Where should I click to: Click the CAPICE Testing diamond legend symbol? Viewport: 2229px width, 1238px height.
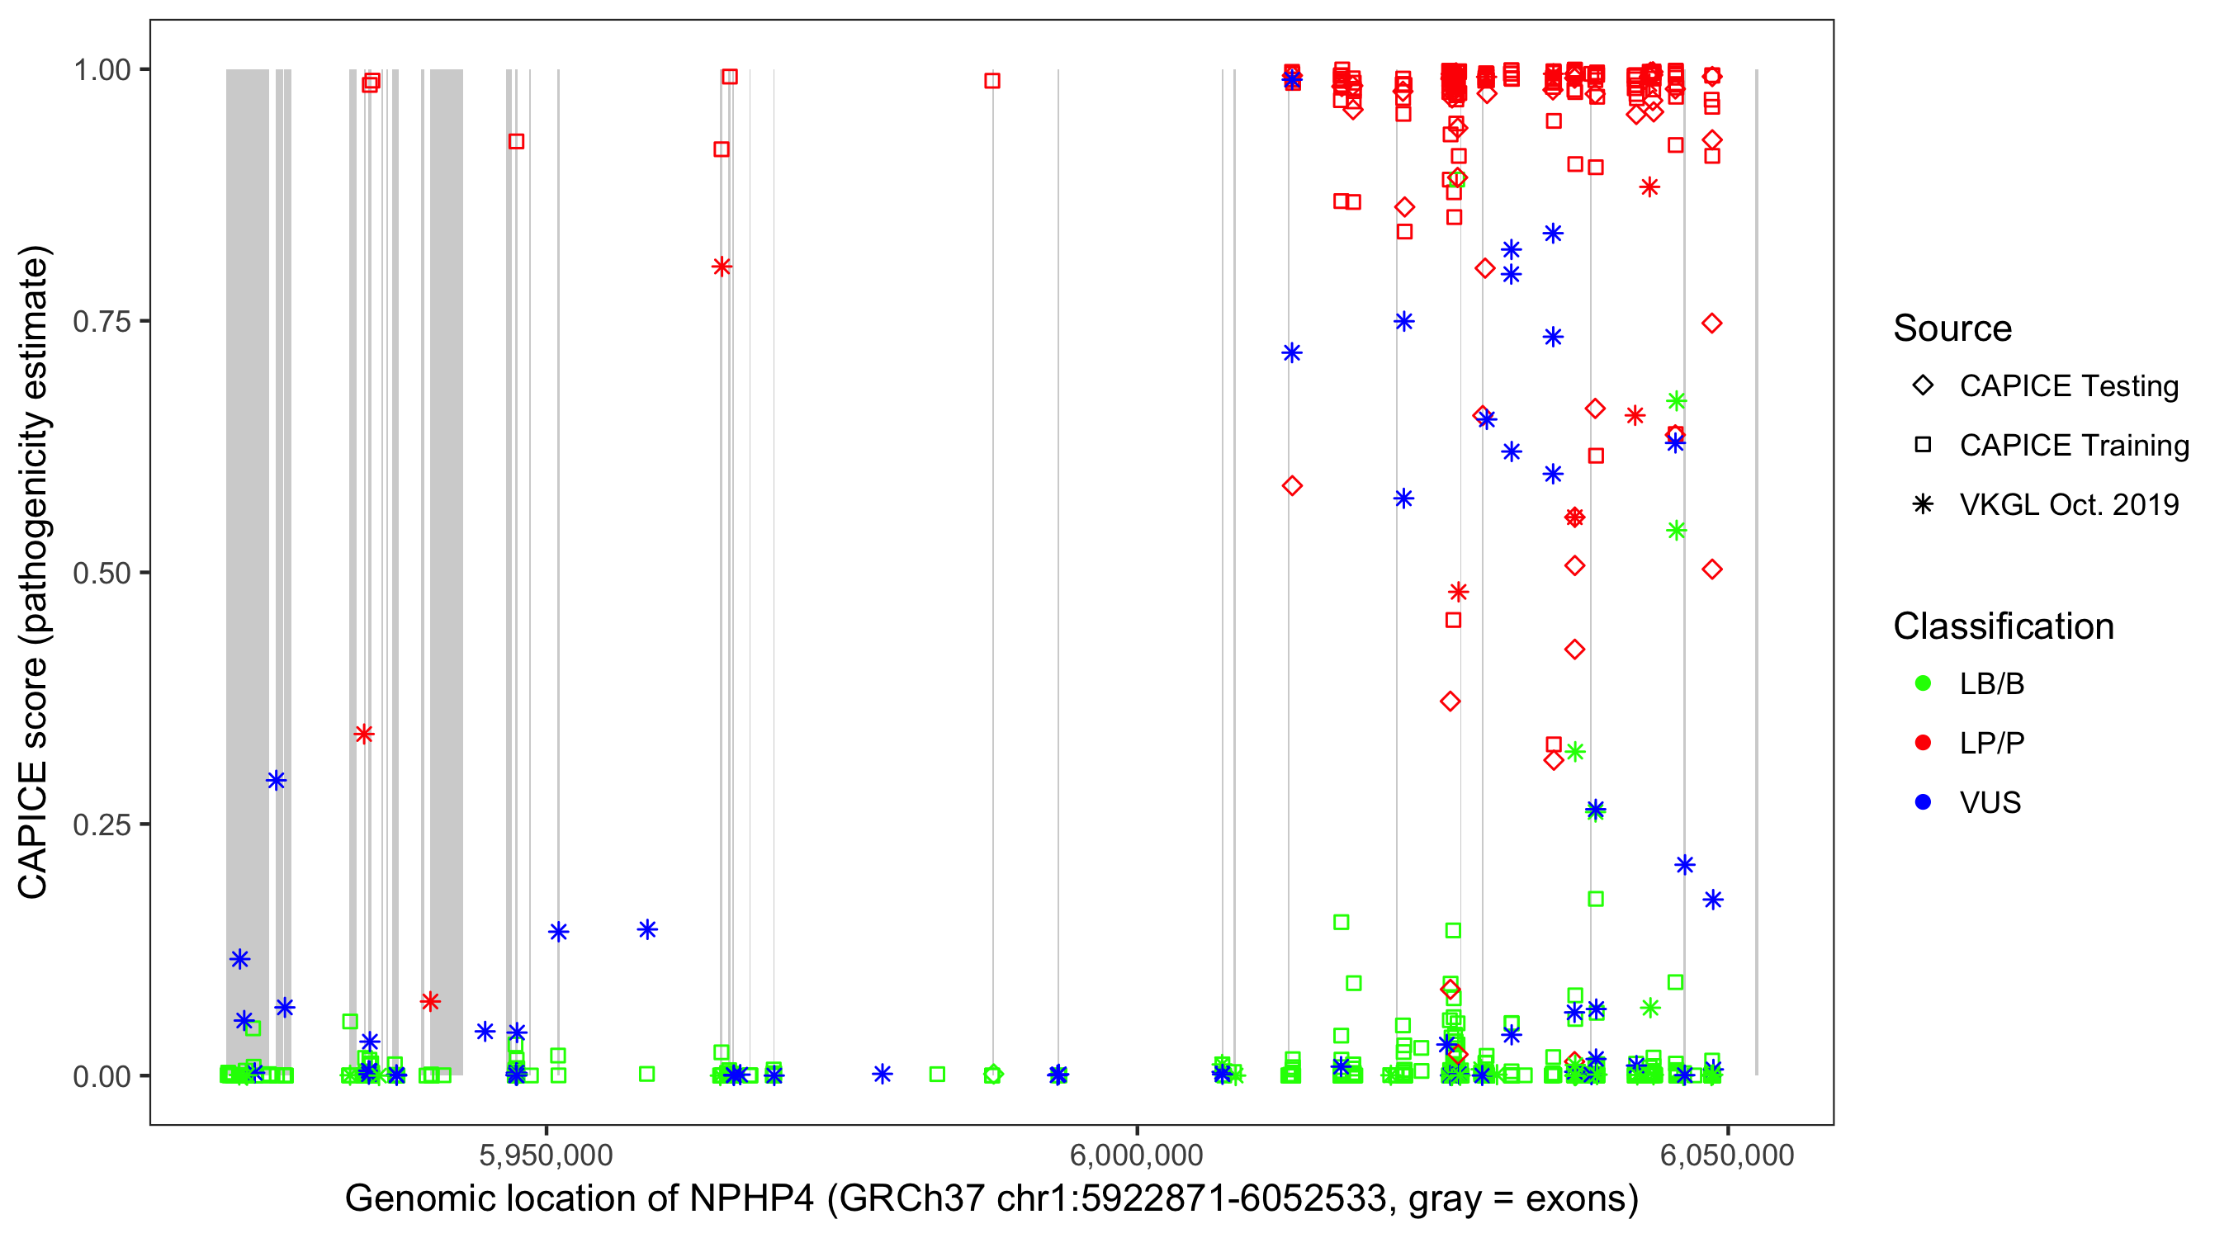(x=1923, y=386)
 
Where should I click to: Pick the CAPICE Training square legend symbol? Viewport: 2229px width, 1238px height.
(x=1923, y=445)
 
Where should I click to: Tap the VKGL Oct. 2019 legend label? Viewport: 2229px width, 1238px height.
(x=2069, y=504)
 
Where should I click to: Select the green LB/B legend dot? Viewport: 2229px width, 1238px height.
(x=1923, y=683)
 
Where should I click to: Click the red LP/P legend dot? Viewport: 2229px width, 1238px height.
(x=1923, y=743)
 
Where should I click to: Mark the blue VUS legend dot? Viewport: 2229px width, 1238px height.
(x=1923, y=802)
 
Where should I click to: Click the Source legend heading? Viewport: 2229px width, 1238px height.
(x=1952, y=328)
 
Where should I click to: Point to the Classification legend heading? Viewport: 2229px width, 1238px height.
(x=2003, y=626)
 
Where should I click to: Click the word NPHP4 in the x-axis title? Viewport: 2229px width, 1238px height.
(x=751, y=1199)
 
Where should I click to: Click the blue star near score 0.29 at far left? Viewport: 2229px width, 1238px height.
(x=276, y=780)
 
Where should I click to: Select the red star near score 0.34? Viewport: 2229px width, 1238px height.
(x=364, y=735)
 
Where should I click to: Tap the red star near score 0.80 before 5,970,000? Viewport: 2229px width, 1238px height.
(x=722, y=267)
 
